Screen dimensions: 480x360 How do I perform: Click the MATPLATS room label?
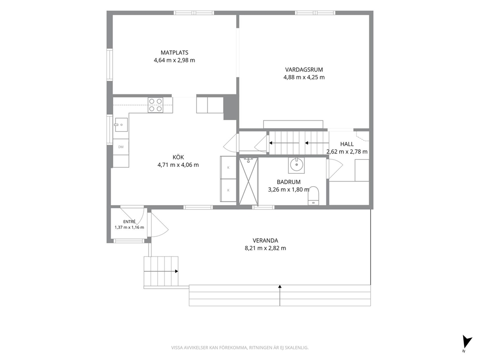[x=175, y=53]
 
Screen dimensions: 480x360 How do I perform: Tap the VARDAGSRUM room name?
[x=304, y=70]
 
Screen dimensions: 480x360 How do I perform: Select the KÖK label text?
[x=178, y=157]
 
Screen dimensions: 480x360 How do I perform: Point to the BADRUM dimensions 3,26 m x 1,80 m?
[x=289, y=190]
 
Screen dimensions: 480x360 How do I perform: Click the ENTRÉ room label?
[x=129, y=222]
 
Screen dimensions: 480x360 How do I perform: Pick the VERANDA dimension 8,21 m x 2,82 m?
[x=266, y=248]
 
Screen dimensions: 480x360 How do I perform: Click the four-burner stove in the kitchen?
[x=155, y=105]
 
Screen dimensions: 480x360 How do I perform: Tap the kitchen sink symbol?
[x=121, y=124]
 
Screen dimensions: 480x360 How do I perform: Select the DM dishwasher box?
[x=121, y=147]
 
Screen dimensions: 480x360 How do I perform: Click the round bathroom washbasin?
[x=297, y=165]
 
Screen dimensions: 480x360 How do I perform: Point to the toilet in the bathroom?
[x=313, y=196]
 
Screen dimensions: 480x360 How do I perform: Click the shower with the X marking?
[x=248, y=181]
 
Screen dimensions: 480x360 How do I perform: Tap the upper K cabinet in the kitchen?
[x=228, y=167]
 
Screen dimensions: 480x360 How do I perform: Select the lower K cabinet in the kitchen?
[x=228, y=191]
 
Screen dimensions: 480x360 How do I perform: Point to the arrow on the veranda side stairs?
[x=161, y=271]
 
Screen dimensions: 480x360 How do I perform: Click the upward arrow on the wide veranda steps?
[x=280, y=296]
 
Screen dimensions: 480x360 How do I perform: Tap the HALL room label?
[x=347, y=144]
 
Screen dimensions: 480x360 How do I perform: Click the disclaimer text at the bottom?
[x=240, y=348]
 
